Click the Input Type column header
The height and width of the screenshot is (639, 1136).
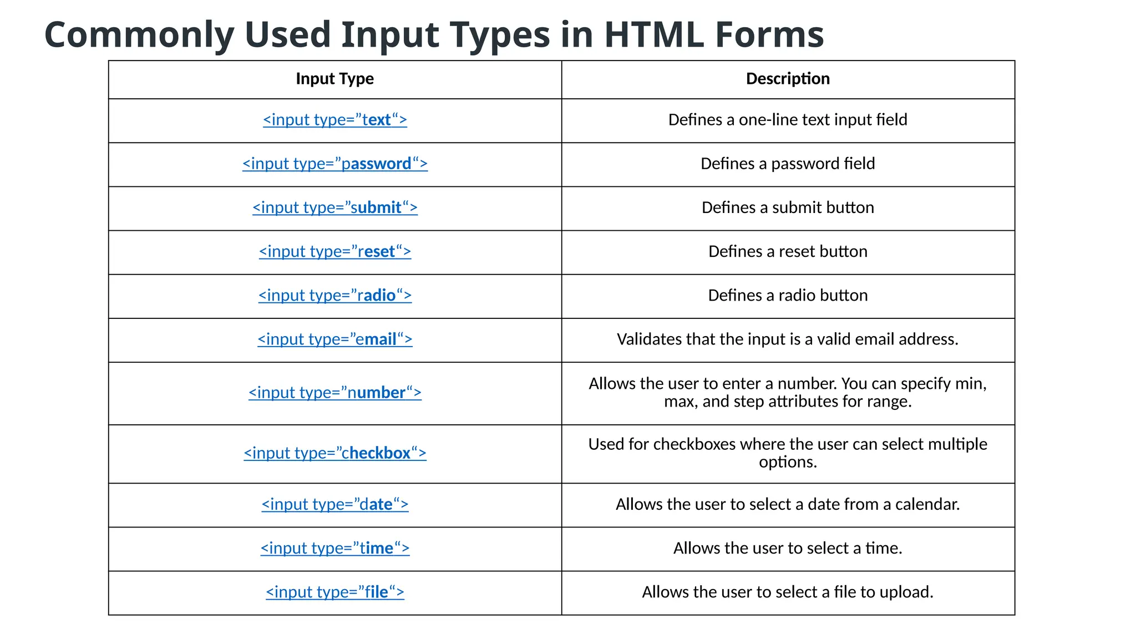pyautogui.click(x=334, y=79)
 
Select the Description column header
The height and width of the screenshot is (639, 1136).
pyautogui.click(x=788, y=79)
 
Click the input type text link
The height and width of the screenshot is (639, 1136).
pyautogui.click(x=334, y=120)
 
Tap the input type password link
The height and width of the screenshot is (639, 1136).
pyautogui.click(x=334, y=164)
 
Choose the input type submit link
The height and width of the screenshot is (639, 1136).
pyautogui.click(x=334, y=207)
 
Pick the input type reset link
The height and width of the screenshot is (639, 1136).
pyautogui.click(x=334, y=251)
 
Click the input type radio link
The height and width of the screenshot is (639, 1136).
pyautogui.click(x=334, y=295)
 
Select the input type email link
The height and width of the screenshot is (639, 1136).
pyautogui.click(x=334, y=339)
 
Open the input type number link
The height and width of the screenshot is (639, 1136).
pyautogui.click(x=334, y=393)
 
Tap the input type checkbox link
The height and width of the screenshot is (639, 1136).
pyautogui.click(x=334, y=453)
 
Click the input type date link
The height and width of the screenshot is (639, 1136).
pyautogui.click(x=334, y=504)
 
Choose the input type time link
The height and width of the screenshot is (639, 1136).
pyautogui.click(x=334, y=548)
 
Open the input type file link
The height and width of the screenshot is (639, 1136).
pyautogui.click(x=334, y=592)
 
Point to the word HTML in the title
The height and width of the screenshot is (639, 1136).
pyautogui.click(x=654, y=34)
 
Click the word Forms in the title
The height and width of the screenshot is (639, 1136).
pyautogui.click(x=769, y=34)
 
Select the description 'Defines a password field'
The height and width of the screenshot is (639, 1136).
pyautogui.click(x=788, y=164)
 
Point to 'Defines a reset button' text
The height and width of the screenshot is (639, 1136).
pyautogui.click(x=788, y=251)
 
